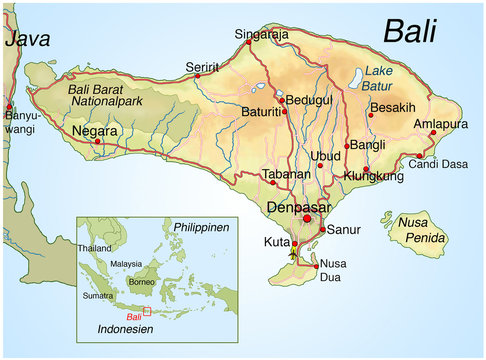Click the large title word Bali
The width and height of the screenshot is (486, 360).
click(410, 31)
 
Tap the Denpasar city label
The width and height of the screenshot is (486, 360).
click(299, 208)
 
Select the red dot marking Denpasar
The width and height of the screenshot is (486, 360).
click(307, 219)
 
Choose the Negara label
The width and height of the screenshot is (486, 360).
click(96, 131)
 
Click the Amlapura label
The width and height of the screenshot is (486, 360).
click(440, 124)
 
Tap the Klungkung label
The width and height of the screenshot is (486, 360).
click(373, 176)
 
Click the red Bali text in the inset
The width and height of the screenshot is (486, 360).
click(135, 316)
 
